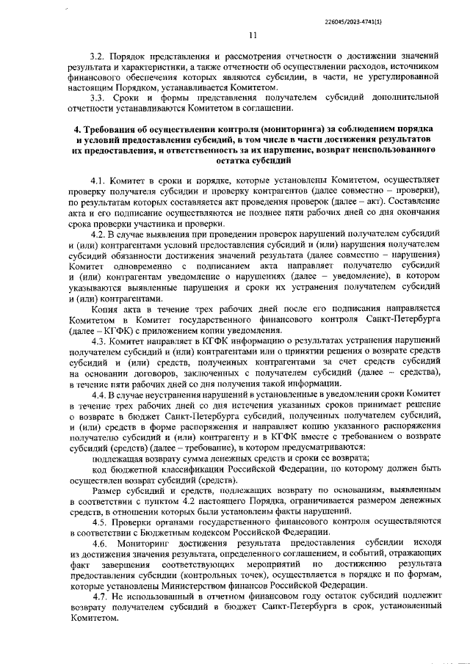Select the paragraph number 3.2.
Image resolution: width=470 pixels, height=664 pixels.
coord(98,56)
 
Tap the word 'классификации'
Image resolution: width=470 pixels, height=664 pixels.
coord(184,467)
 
